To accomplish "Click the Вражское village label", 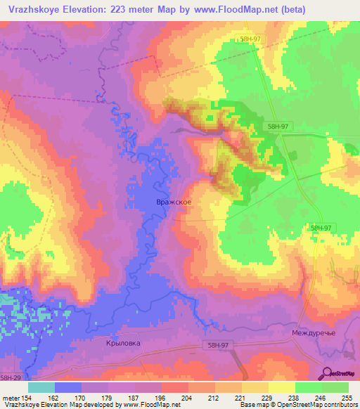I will [172, 202].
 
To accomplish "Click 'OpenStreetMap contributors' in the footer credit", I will [312, 405].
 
